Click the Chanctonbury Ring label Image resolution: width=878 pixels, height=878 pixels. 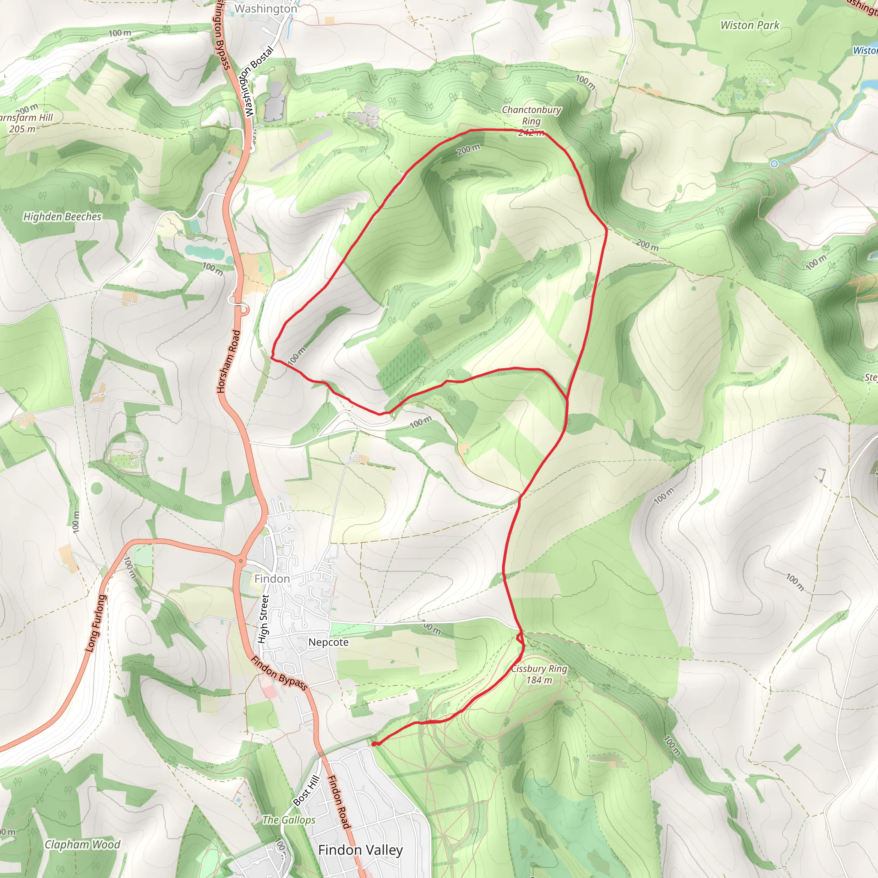tap(531, 115)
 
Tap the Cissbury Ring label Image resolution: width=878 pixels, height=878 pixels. tap(539, 674)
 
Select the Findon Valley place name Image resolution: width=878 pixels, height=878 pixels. tap(361, 850)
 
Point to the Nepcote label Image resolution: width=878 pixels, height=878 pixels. tap(328, 642)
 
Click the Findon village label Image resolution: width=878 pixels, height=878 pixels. tap(272, 578)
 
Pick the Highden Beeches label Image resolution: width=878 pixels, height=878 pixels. tap(62, 216)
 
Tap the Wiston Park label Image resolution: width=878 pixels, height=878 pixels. tap(749, 25)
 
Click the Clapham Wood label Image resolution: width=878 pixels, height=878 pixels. tap(82, 845)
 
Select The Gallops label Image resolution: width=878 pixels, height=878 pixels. tap(289, 820)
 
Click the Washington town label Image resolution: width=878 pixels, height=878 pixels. tap(266, 9)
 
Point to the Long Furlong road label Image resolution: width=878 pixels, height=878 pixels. tap(96, 623)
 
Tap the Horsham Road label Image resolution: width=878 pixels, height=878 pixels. tap(229, 361)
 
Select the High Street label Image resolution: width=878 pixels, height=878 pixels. tap(263, 619)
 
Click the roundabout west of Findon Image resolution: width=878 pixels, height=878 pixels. tap(241, 561)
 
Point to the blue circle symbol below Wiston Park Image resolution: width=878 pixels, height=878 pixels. tap(774, 164)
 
